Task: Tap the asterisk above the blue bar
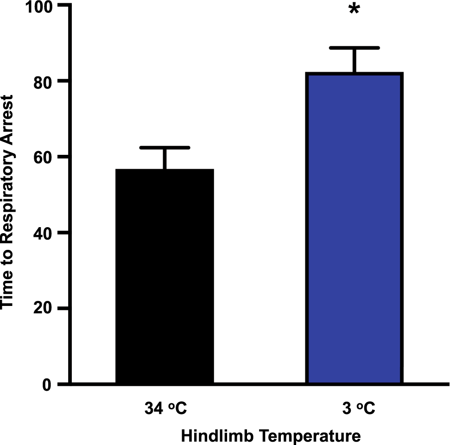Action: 355,10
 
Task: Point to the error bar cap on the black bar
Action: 165,147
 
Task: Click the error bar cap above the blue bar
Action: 355,48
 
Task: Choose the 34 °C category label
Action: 165,410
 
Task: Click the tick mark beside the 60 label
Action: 64,157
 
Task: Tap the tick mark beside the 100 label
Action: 64,6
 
